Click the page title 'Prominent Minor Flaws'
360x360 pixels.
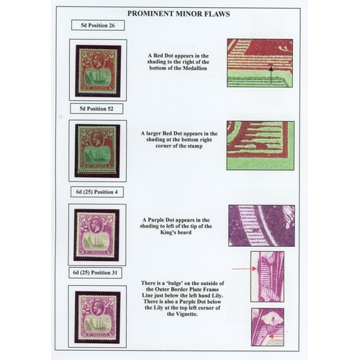[x=179, y=14]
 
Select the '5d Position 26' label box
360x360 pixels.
[x=98, y=25]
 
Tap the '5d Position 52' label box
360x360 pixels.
[x=96, y=109]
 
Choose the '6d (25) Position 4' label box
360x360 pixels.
[x=97, y=192]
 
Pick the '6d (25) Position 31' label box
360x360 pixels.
[x=95, y=273]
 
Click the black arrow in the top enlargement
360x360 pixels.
[x=271, y=76]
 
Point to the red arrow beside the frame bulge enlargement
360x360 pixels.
[x=245, y=269]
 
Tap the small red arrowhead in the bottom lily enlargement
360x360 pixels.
[x=271, y=336]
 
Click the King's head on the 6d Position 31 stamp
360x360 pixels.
[x=97, y=307]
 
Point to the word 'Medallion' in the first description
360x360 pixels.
[x=195, y=68]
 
